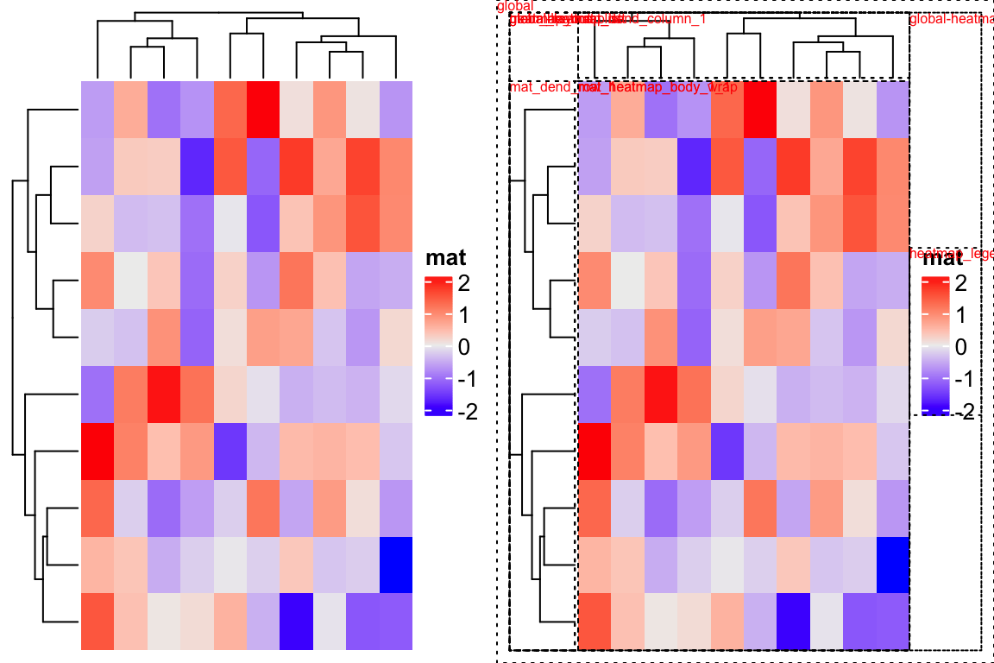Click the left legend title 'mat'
pyautogui.click(x=446, y=258)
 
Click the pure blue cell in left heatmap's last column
pyautogui.click(x=396, y=565)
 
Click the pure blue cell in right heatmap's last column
pyautogui.click(x=893, y=565)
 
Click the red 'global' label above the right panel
pyautogui.click(x=516, y=7)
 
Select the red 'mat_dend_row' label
pyautogui.click(x=542, y=87)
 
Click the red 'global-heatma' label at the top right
pyautogui.click(x=946, y=18)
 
